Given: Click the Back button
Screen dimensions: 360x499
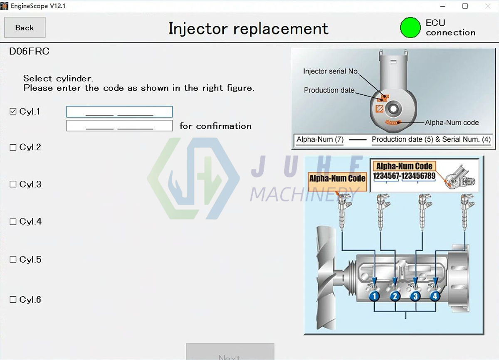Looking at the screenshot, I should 25,28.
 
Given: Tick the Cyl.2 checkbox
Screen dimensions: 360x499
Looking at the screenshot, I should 13,148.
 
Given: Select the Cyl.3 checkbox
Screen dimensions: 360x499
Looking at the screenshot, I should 13,184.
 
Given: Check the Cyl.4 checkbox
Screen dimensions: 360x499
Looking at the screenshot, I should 13,222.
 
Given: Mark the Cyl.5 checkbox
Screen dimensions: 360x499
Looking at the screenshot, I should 13,259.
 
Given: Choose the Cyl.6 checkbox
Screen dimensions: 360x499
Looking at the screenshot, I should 13,299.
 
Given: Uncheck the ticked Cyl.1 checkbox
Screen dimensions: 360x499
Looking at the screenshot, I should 13,111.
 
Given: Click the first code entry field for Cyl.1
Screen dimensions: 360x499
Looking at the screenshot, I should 119,112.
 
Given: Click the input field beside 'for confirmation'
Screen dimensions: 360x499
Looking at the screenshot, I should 119,126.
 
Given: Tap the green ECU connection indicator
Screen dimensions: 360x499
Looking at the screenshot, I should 410,27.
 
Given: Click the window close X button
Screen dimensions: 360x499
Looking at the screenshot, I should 488,6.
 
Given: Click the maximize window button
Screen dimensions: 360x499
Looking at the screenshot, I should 465,6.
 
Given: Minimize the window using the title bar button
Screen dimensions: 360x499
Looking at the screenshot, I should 442,6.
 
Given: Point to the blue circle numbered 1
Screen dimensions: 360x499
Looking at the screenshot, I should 374,296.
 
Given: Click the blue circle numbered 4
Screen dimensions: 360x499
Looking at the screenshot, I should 435,296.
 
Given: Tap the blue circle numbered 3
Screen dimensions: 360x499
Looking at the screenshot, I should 415,296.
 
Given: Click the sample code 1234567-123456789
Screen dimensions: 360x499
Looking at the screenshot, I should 404,176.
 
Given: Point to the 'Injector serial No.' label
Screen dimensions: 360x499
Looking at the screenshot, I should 331,72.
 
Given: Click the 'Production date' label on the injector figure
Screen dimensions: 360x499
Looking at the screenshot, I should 329,90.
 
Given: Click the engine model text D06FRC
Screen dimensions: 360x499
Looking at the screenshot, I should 29,52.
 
